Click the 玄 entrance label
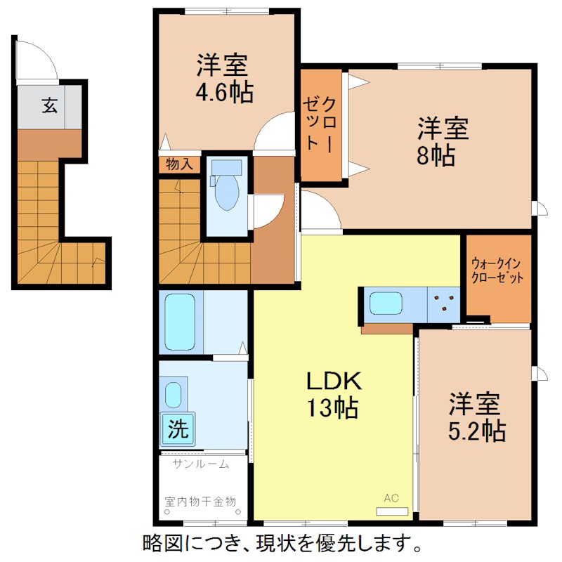tap(48, 106)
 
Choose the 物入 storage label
tap(179, 164)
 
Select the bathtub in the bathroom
tap(180, 322)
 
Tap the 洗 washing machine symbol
tap(178, 429)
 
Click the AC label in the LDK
tap(391, 498)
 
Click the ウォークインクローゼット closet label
tap(497, 270)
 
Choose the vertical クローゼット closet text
tap(322, 124)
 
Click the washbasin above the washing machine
tap(174, 394)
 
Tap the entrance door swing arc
tap(37, 60)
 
